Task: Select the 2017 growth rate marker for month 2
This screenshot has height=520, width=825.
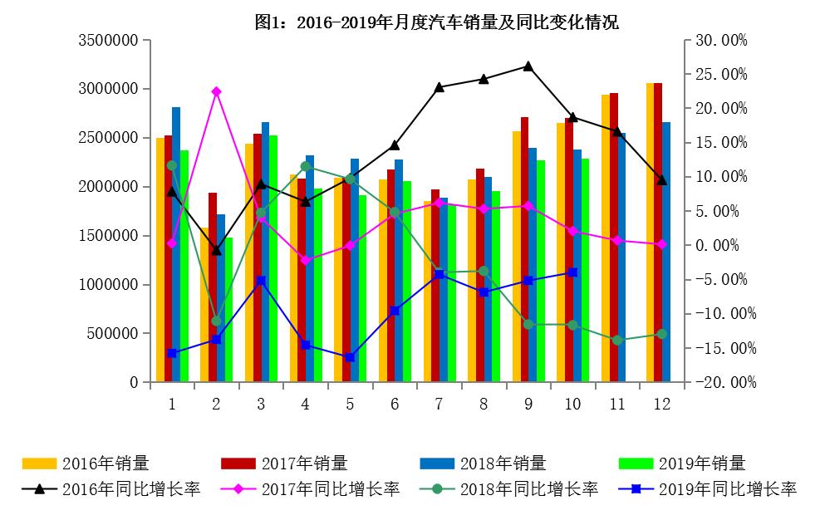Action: [x=216, y=91]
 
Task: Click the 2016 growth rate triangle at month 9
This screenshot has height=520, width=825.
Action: [x=528, y=66]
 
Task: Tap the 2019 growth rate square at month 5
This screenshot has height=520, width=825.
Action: [x=350, y=357]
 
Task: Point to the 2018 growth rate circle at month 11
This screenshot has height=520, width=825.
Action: [x=616, y=340]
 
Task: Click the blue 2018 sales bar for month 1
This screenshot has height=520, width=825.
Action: [x=176, y=249]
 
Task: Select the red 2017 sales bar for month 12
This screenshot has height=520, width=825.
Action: [x=658, y=233]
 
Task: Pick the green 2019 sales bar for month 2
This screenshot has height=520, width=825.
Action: [x=228, y=312]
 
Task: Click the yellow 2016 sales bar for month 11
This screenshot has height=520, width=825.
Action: [x=606, y=241]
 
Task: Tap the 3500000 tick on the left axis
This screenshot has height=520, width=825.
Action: [x=107, y=40]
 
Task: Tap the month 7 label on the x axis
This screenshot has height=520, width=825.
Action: [x=439, y=404]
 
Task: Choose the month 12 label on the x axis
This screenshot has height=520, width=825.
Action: [x=661, y=404]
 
